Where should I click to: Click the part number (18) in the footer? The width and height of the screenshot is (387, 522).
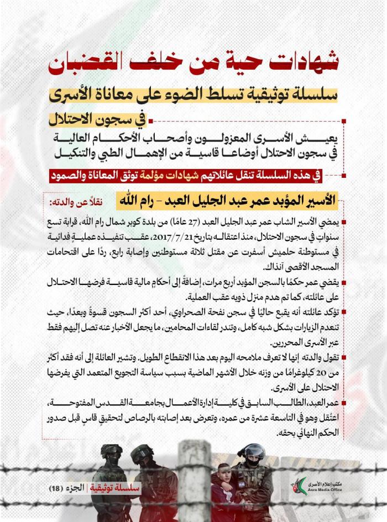pyautogui.click(x=57, y=489)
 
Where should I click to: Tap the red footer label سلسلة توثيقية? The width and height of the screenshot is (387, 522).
pyautogui.click(x=117, y=489)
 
